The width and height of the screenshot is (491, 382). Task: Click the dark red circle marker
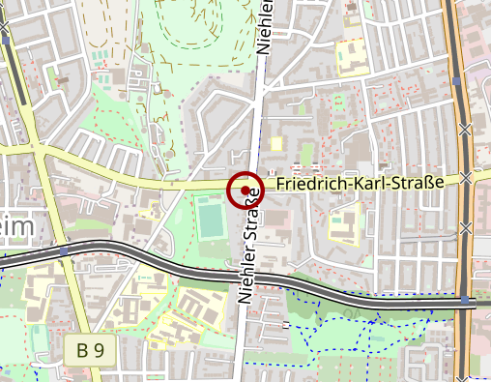point(245,190)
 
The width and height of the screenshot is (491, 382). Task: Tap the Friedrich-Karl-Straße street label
point(359,183)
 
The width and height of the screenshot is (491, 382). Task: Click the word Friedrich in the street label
point(303,183)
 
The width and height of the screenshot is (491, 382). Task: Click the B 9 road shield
point(91,350)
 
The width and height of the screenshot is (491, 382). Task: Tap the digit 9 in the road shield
point(99,350)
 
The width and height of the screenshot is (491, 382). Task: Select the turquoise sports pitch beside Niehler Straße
point(213,219)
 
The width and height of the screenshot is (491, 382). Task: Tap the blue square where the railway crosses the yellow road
point(64,251)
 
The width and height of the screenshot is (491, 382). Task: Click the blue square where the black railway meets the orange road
point(465,300)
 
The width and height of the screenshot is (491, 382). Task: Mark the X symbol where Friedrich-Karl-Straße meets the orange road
point(467,177)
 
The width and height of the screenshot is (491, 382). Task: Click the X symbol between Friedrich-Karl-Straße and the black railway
point(467,228)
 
